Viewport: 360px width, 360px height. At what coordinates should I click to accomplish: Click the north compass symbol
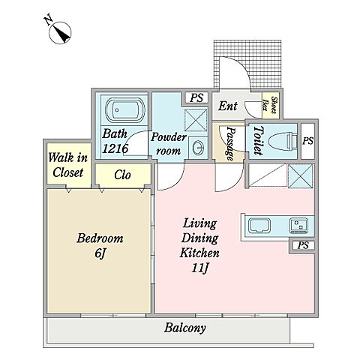pos(60,33)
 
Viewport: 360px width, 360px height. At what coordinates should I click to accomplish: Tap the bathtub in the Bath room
pos(121,109)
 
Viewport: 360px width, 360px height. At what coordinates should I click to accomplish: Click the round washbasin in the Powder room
pos(199,148)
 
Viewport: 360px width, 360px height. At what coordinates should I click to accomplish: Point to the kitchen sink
pos(260,226)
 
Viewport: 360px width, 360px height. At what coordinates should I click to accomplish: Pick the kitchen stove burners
pos(299,225)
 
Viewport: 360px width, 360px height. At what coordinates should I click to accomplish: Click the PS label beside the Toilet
pos(307,141)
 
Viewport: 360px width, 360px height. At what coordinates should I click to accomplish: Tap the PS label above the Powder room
pos(196,97)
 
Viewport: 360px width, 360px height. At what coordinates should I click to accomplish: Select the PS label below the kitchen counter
pos(303,245)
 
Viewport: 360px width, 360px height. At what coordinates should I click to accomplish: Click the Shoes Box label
pos(271,105)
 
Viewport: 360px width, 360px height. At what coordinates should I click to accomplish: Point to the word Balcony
pos(185,328)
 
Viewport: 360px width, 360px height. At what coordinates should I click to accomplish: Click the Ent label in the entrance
pos(227,106)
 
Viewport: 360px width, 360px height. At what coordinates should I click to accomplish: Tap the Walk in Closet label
pos(67,165)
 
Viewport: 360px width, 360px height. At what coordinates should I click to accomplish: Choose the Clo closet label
pos(122,175)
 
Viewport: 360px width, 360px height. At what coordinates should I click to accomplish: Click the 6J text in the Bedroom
pos(100,254)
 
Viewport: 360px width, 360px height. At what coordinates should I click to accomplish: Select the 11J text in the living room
pos(200,268)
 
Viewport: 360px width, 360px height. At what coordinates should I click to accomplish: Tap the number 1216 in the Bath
pos(115,148)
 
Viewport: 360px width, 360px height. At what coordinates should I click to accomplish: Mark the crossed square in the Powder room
pos(196,119)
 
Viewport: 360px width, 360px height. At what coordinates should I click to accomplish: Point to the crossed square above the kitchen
pos(300,175)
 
